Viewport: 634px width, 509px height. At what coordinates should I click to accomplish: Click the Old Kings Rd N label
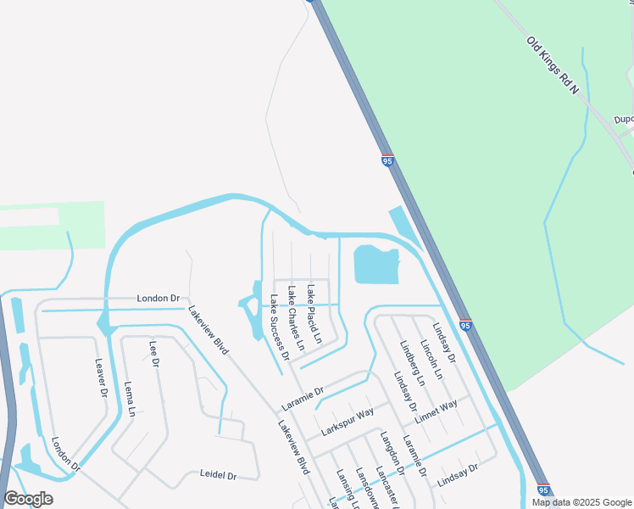553,65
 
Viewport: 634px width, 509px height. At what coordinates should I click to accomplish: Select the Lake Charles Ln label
295,318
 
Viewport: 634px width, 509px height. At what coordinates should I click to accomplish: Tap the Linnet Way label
437,409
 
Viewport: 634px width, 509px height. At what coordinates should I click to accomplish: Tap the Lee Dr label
154,353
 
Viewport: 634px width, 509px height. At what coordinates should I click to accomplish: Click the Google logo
28,499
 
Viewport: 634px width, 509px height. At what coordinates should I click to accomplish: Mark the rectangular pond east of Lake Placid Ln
375,265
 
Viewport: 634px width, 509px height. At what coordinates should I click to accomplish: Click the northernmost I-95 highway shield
387,160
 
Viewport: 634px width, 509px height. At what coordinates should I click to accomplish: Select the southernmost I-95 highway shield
543,489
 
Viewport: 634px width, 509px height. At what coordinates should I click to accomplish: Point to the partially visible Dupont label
625,120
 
